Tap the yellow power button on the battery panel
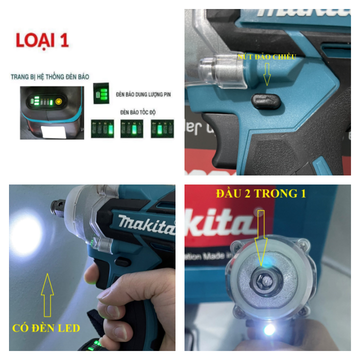pos(58,101)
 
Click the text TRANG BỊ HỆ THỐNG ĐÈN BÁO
pos(49,77)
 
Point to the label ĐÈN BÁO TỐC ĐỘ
pos(138,112)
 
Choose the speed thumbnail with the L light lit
pos(162,128)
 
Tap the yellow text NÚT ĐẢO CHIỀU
pos(267,57)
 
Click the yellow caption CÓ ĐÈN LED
pos(46,328)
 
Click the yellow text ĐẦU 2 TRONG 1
pos(260,193)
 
